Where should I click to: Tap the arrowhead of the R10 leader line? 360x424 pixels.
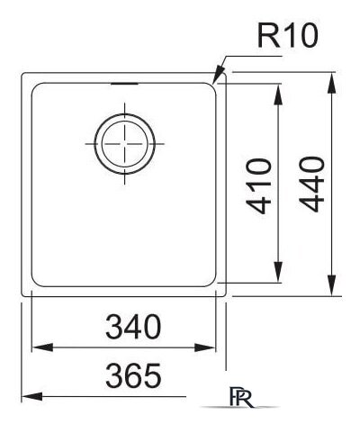tap(214, 84)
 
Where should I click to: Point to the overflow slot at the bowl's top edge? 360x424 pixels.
tap(124, 84)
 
